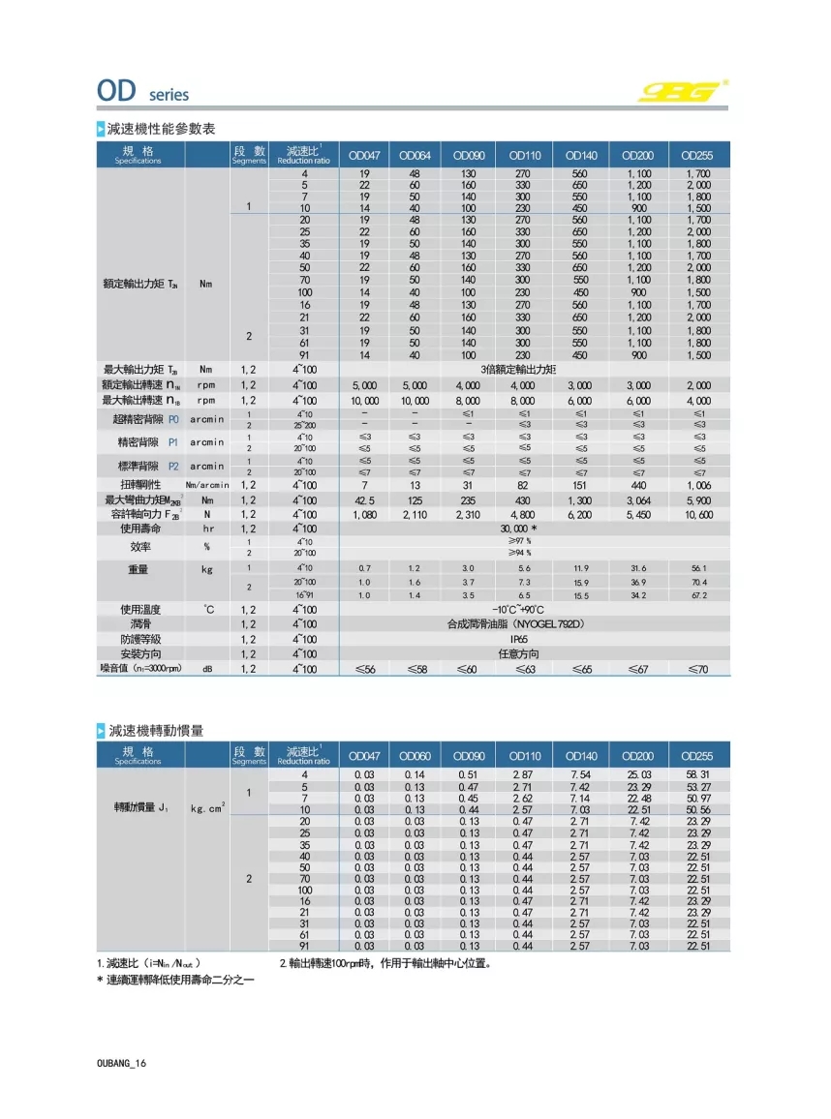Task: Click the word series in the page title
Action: (x=169, y=95)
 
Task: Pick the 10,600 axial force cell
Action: (x=697, y=515)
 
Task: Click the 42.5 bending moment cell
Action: (x=365, y=499)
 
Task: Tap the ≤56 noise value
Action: (x=365, y=669)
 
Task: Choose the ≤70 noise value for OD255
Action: (x=697, y=669)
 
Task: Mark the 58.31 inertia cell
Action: (x=697, y=775)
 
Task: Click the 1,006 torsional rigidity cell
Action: (x=697, y=484)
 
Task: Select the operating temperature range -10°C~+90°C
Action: (x=525, y=610)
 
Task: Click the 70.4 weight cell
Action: (x=697, y=582)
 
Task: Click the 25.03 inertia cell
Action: (x=639, y=775)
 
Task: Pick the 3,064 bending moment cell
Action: (x=639, y=499)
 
